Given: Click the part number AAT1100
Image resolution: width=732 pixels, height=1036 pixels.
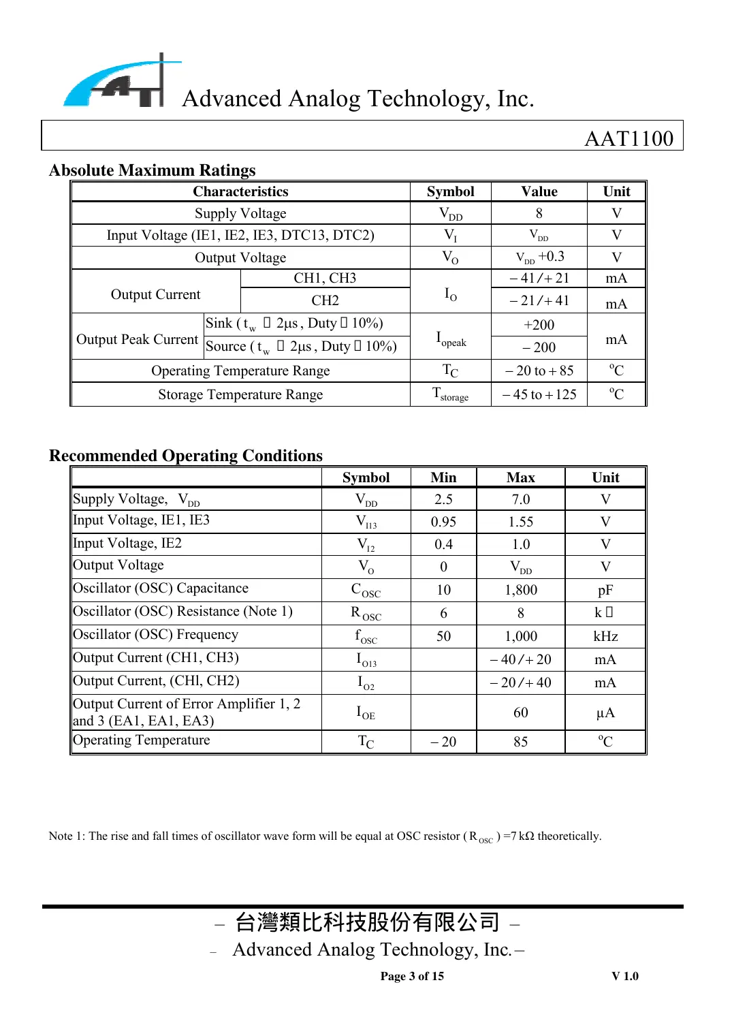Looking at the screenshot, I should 628,138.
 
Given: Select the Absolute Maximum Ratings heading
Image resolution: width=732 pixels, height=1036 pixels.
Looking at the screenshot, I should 153,170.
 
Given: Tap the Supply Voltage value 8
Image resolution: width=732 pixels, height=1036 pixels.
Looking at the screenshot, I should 539,213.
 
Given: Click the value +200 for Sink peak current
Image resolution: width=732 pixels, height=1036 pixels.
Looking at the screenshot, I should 539,325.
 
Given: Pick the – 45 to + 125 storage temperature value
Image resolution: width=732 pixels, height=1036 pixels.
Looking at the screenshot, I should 539,394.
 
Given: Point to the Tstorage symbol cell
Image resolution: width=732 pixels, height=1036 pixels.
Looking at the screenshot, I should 450,394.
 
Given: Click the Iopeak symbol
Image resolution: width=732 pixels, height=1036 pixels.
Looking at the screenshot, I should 450,339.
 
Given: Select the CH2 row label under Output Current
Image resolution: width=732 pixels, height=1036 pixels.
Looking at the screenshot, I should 325,300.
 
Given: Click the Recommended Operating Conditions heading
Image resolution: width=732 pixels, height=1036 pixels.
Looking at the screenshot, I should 186,456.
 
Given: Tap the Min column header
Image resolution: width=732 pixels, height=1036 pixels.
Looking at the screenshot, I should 443,477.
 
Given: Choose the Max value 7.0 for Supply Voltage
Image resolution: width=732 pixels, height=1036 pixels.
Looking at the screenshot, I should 520,499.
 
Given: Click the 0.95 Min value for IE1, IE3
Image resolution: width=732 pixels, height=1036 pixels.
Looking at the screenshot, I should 443,522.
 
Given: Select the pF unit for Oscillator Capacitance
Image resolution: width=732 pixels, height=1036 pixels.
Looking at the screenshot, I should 605,590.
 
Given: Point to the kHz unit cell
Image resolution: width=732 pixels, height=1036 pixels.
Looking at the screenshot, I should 605,636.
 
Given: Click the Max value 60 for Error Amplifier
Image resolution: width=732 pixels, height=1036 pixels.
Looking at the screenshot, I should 520,712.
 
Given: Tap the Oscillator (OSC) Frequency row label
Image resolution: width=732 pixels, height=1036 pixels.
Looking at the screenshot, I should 156,635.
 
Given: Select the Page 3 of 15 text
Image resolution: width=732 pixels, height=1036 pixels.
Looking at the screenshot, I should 412,976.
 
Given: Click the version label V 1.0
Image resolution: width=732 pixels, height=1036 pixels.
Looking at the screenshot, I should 624,976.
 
